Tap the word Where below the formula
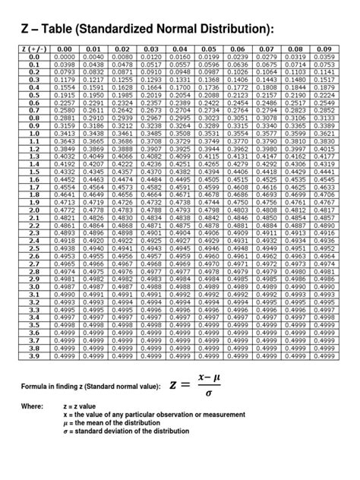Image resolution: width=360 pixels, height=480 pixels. coord(33,407)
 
